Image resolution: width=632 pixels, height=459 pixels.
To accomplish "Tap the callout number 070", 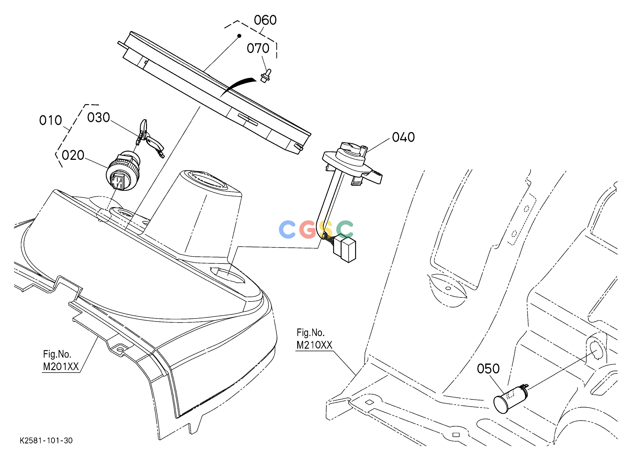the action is (258, 49).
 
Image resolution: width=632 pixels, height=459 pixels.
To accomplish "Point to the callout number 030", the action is (99, 118).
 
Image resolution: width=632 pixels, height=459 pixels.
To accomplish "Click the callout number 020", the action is (73, 155).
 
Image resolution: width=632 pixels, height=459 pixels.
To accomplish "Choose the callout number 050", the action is (488, 369).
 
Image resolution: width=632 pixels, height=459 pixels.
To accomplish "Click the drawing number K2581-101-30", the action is (46, 441).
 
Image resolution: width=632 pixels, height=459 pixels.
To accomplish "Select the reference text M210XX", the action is (314, 345).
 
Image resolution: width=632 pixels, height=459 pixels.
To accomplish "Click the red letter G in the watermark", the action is (308, 229).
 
